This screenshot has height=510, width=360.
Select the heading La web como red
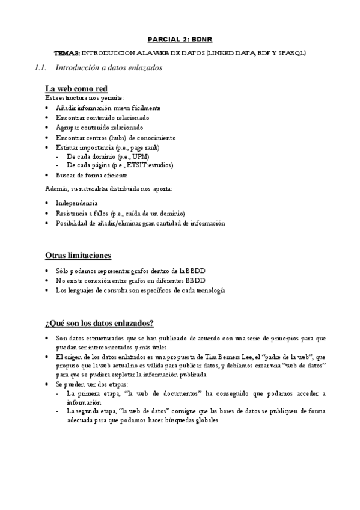coord(76,90)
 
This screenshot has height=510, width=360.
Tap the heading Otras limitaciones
coord(78,256)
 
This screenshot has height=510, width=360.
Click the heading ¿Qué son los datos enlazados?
coord(99,323)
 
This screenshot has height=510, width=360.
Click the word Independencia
coord(76,203)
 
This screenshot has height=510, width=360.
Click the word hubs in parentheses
coord(106,137)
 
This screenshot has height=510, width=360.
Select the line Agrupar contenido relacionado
coord(99,127)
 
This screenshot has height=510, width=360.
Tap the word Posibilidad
coord(73,223)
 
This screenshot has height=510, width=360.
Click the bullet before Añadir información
coord(47,108)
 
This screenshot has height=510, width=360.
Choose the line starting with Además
coord(109,189)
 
